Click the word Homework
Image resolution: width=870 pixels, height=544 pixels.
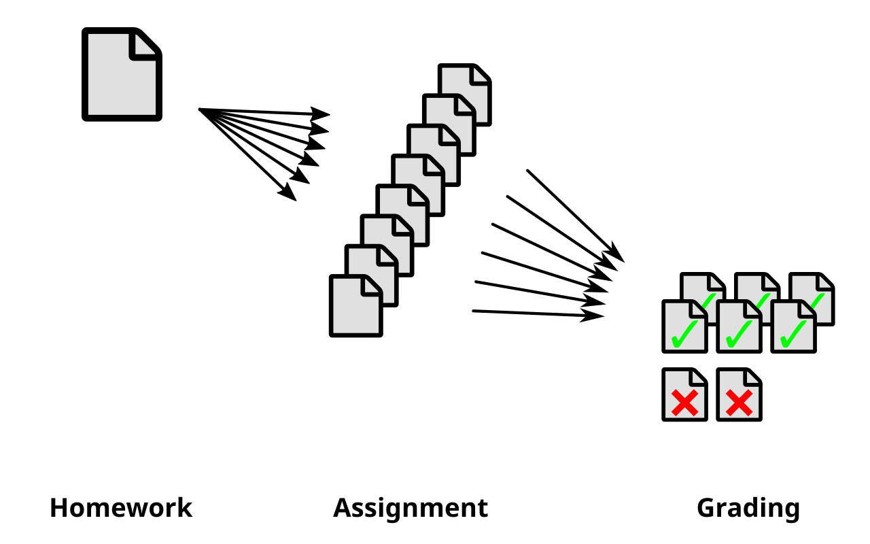coord(121,508)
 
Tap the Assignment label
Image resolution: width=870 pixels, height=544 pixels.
coord(411,508)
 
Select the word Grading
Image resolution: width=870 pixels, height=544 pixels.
coord(748,508)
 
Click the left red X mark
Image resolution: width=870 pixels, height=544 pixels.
coord(684,403)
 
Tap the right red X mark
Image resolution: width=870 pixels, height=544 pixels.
coord(739,403)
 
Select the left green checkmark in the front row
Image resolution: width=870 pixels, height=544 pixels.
coord(684,335)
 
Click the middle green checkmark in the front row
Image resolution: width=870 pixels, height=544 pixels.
coord(739,335)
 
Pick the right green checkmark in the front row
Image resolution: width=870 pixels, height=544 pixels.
coord(793,335)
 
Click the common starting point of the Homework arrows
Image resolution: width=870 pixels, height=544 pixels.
coord(200,109)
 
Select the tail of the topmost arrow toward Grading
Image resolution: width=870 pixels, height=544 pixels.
coord(528,171)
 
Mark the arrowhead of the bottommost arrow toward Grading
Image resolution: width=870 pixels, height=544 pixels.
coord(595,316)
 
